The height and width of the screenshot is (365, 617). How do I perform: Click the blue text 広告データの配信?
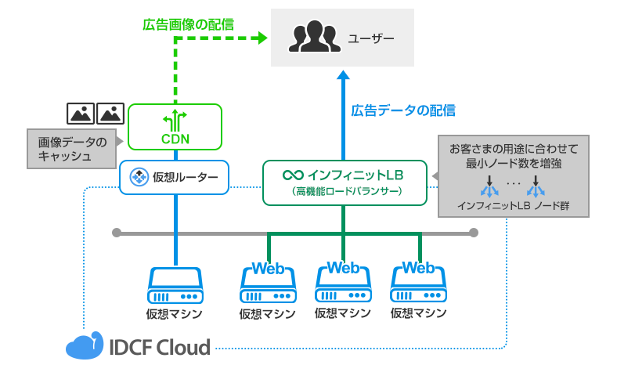(402, 110)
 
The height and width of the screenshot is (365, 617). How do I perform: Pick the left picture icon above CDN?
(81, 113)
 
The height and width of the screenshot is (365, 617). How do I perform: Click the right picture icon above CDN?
(111, 113)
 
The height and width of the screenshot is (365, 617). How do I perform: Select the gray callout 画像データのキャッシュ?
(71, 149)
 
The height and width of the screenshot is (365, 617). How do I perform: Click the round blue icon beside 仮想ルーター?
(139, 177)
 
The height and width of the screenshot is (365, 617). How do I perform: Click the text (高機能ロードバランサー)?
(345, 190)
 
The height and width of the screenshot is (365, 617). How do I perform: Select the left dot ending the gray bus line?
(117, 233)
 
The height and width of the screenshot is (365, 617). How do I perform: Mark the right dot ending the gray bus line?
(473, 233)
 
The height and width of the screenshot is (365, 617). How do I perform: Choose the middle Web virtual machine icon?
(342, 284)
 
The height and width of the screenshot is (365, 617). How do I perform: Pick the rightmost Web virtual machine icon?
(418, 284)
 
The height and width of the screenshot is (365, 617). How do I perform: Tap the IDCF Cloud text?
(160, 346)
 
